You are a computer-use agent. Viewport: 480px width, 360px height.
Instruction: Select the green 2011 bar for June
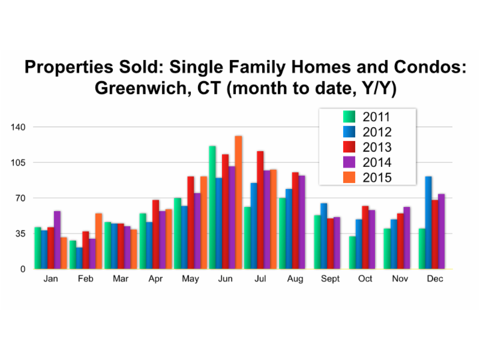click(x=212, y=208)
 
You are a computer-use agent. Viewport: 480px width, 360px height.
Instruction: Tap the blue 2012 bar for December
click(x=428, y=223)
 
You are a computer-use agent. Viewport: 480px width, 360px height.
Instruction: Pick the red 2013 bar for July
click(x=260, y=210)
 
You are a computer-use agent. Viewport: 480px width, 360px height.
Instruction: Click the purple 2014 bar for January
click(x=57, y=240)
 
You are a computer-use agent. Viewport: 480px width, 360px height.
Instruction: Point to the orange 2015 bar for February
click(x=98, y=241)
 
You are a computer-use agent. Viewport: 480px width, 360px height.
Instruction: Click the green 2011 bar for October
click(x=352, y=253)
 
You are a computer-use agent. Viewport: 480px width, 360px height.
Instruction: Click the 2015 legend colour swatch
click(x=349, y=177)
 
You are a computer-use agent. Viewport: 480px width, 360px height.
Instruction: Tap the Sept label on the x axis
click(x=330, y=279)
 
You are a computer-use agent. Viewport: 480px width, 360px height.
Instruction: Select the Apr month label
click(x=155, y=279)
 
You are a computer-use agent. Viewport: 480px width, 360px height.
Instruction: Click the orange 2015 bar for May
click(x=203, y=223)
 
